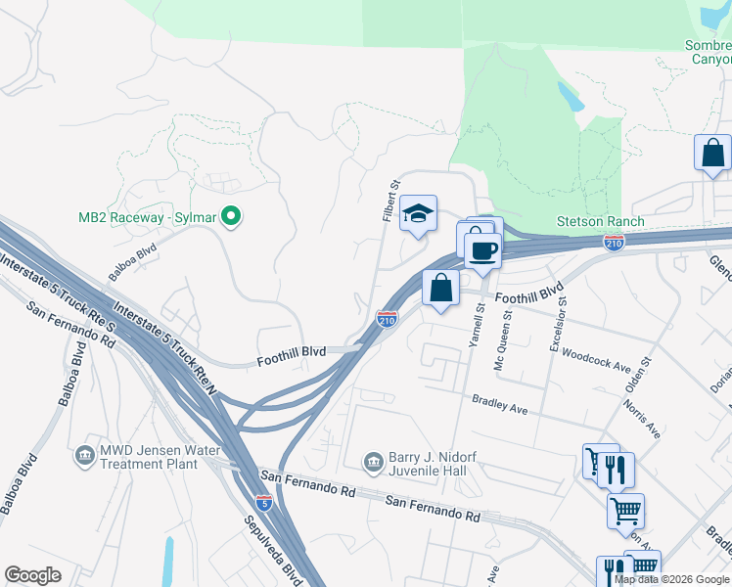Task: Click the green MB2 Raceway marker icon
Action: point(232,215)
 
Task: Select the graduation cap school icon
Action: point(418,214)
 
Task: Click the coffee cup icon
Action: point(481,251)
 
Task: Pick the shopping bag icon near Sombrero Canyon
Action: point(712,153)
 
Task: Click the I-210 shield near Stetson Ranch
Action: point(614,241)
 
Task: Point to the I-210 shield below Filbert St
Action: point(387,318)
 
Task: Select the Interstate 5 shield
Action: point(264,502)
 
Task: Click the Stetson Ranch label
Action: point(601,221)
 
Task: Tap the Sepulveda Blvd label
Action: point(264,549)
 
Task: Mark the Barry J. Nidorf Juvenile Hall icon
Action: point(373,461)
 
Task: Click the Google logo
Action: point(33,575)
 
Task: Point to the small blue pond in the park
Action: point(569,96)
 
